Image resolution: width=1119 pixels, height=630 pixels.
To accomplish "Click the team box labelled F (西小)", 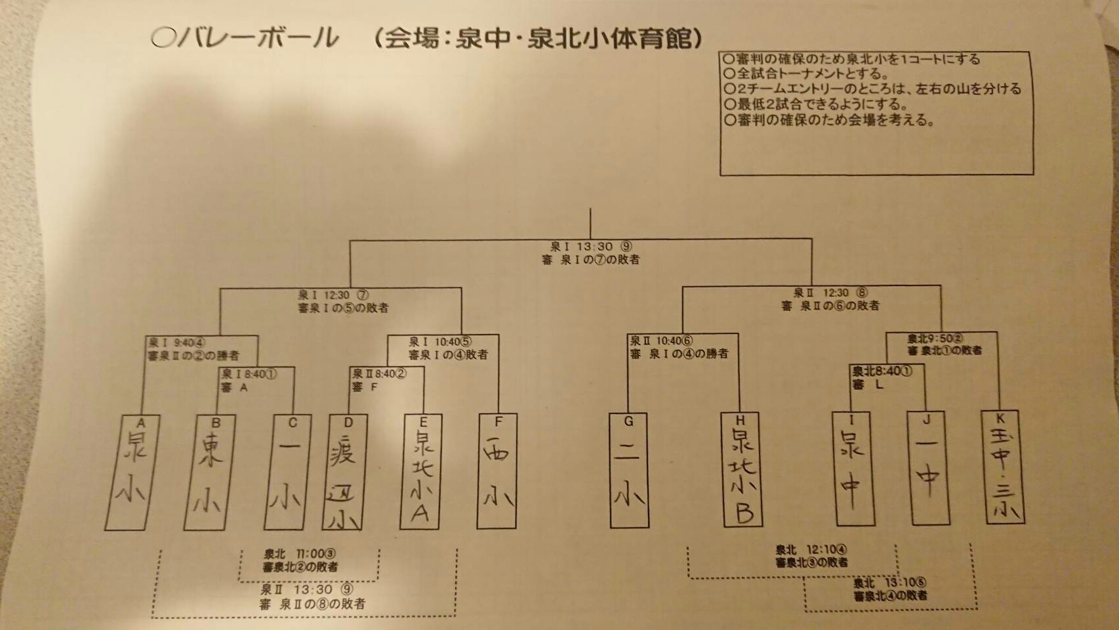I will tap(498, 471).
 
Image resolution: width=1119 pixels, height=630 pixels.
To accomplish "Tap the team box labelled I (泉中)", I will tap(854, 468).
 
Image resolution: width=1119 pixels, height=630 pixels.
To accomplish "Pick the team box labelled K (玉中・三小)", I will tap(1003, 467).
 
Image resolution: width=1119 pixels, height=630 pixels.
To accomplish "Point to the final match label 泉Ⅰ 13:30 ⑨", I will tap(590, 247).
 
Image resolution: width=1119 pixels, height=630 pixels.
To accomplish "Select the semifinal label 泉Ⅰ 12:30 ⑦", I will tap(333, 295).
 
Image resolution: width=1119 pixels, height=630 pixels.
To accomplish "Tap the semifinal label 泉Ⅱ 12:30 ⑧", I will tap(830, 293).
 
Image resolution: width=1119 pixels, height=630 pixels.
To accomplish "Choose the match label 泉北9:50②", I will tap(935, 339).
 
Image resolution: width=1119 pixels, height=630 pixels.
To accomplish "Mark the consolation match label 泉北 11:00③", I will tap(300, 554).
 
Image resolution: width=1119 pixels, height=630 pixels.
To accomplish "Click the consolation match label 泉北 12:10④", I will tap(811, 550).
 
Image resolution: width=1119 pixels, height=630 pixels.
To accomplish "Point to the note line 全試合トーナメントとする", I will tap(807, 73).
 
